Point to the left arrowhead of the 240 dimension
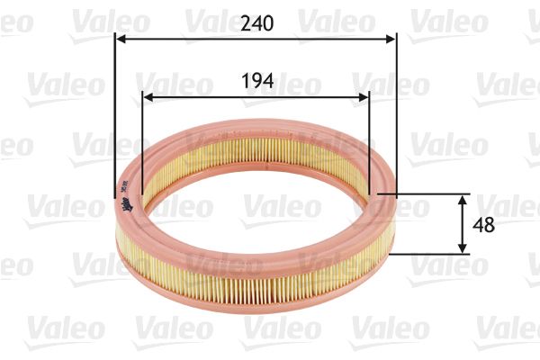click(121, 39)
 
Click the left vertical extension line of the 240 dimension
click(115, 108)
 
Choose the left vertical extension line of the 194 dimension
click(143, 135)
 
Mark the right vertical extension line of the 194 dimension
click(369, 135)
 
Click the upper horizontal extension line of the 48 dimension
click(423, 193)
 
